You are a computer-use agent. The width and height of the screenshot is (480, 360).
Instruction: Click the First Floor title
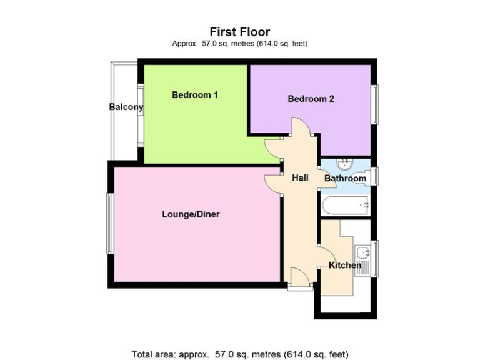[240, 31]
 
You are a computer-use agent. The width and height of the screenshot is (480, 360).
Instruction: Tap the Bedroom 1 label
[195, 96]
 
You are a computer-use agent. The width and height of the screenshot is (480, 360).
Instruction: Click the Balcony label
[126, 107]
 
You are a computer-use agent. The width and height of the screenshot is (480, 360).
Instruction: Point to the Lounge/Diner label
[191, 214]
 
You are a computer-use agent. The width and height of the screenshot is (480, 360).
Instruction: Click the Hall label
[300, 178]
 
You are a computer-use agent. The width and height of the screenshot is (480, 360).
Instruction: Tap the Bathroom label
[345, 179]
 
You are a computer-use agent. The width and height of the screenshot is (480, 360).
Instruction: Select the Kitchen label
[345, 266]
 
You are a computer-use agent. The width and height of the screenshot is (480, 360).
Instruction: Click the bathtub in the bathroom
[345, 204]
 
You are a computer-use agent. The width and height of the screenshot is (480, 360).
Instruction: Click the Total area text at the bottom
[240, 354]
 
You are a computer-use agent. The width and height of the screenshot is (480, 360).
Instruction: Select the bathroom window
[376, 176]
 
